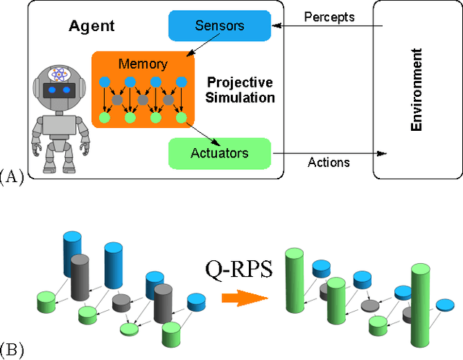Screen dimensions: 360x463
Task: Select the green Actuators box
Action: (219, 153)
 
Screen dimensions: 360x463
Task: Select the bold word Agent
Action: (92, 26)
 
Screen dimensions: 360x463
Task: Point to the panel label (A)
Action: (12, 175)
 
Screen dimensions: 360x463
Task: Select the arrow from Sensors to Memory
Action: (194, 48)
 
